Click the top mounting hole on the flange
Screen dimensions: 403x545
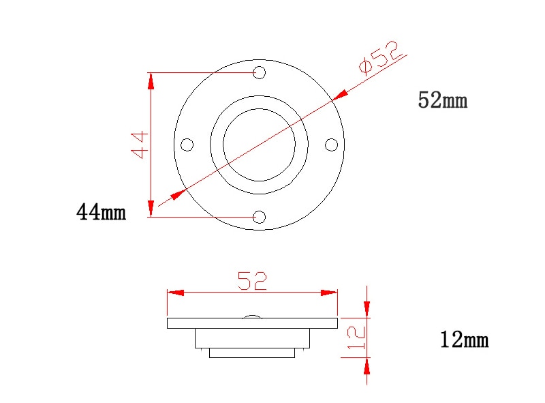coord(259,72)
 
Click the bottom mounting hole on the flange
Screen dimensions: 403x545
coord(259,217)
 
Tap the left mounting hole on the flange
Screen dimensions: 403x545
coord(187,145)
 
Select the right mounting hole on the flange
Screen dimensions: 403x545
coord(331,145)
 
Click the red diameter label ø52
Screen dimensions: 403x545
coord(381,58)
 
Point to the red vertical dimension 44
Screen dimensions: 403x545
coord(140,145)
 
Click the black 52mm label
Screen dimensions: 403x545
coord(442,101)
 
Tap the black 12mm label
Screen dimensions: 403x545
coord(464,340)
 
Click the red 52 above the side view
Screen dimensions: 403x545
coord(252,281)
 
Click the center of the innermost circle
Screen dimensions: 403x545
coord(259,145)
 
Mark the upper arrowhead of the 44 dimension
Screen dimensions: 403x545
coord(151,80)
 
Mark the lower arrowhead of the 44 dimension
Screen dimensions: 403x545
coord(151,209)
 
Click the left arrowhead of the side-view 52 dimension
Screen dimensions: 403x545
coord(176,293)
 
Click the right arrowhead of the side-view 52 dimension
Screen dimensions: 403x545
coord(329,293)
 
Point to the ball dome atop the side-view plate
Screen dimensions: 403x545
coord(252,315)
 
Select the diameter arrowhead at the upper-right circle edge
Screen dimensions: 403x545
coord(340,94)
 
